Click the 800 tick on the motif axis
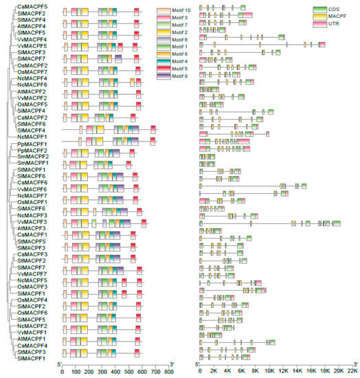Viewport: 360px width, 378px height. pyautogui.click(x=170, y=372)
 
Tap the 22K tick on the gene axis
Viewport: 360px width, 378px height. pyautogui.click(x=353, y=372)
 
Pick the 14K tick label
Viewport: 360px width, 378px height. pyautogui.click(x=297, y=372)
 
